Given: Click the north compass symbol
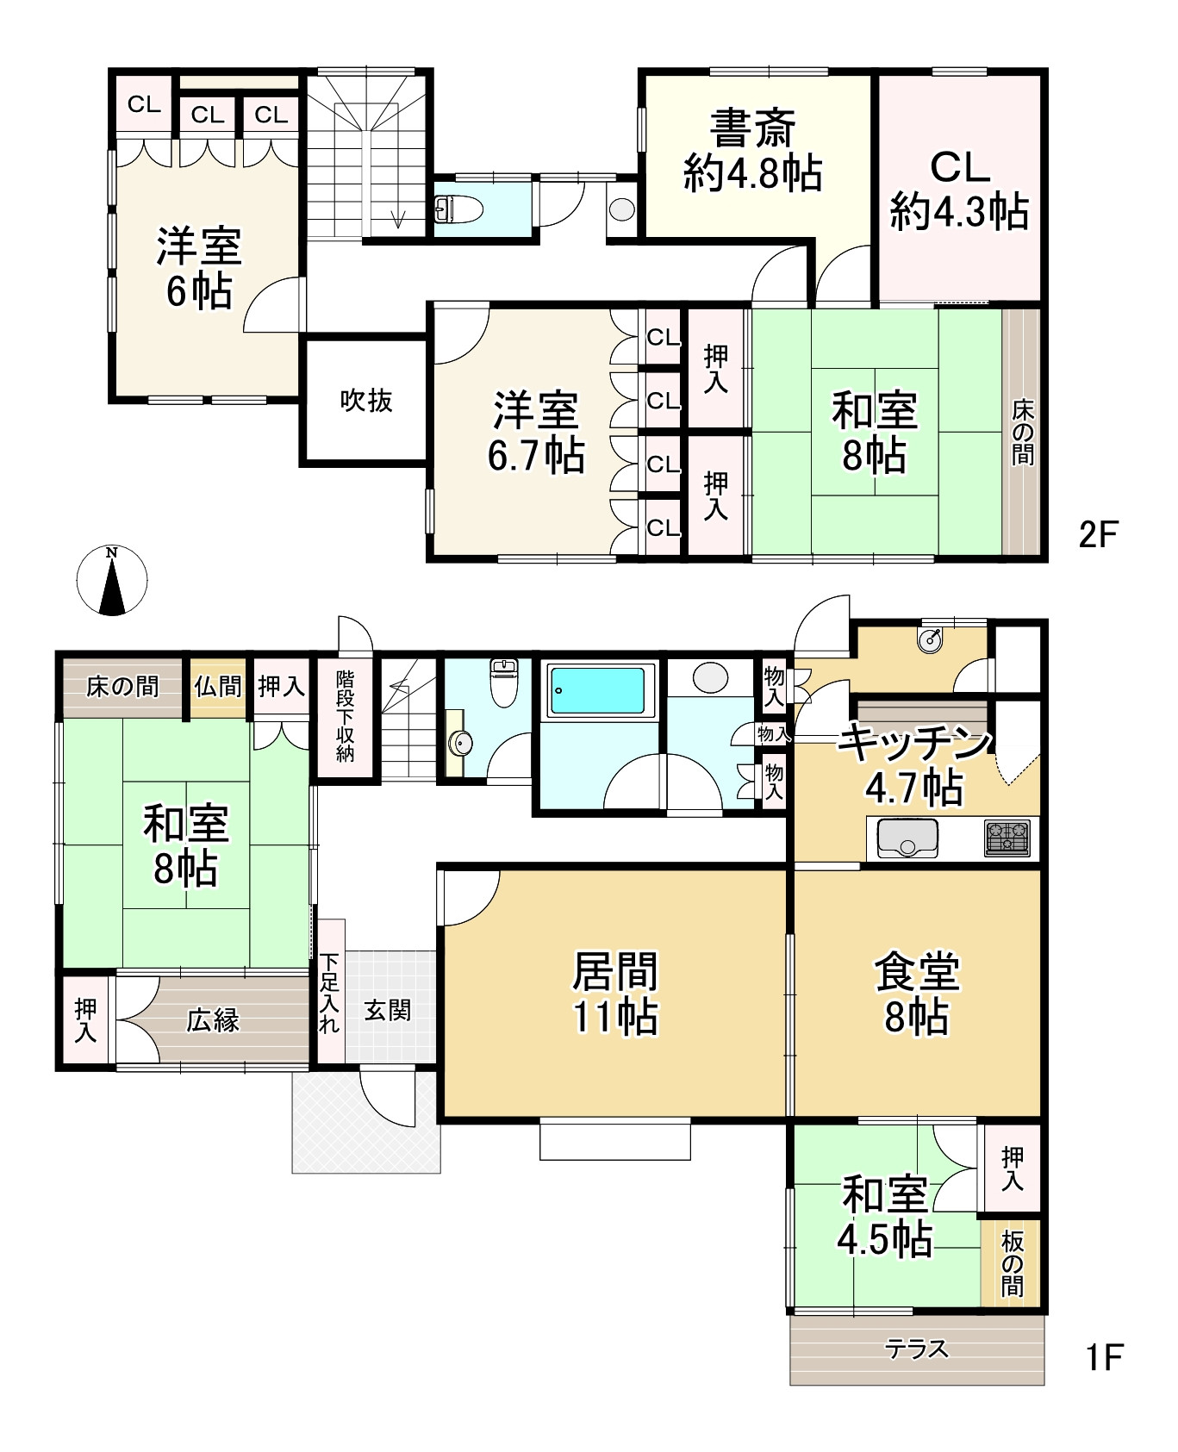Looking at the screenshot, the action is click(x=112, y=581).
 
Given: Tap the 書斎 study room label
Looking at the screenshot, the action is click(x=752, y=129).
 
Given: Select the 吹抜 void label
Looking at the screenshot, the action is click(x=366, y=401).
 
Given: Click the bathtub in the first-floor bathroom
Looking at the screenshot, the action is click(x=596, y=690).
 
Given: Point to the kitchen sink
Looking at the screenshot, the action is click(x=907, y=838).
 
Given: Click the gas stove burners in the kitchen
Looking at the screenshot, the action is click(x=1007, y=838).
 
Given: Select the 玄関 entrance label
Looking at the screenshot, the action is click(x=388, y=1010).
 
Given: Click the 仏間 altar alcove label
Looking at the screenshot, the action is click(x=218, y=687).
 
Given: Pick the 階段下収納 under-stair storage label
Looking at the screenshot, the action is click(x=345, y=715).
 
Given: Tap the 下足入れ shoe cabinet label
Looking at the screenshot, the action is click(x=329, y=993).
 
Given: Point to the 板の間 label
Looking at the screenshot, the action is click(x=1012, y=1263).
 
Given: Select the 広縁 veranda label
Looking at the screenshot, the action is click(x=213, y=1021).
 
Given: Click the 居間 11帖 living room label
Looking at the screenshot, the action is click(x=615, y=993).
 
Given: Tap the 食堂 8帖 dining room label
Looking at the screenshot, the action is click(x=917, y=994).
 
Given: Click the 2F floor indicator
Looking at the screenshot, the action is click(x=1098, y=536).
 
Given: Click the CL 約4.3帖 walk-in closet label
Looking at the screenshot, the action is click(x=959, y=190).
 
